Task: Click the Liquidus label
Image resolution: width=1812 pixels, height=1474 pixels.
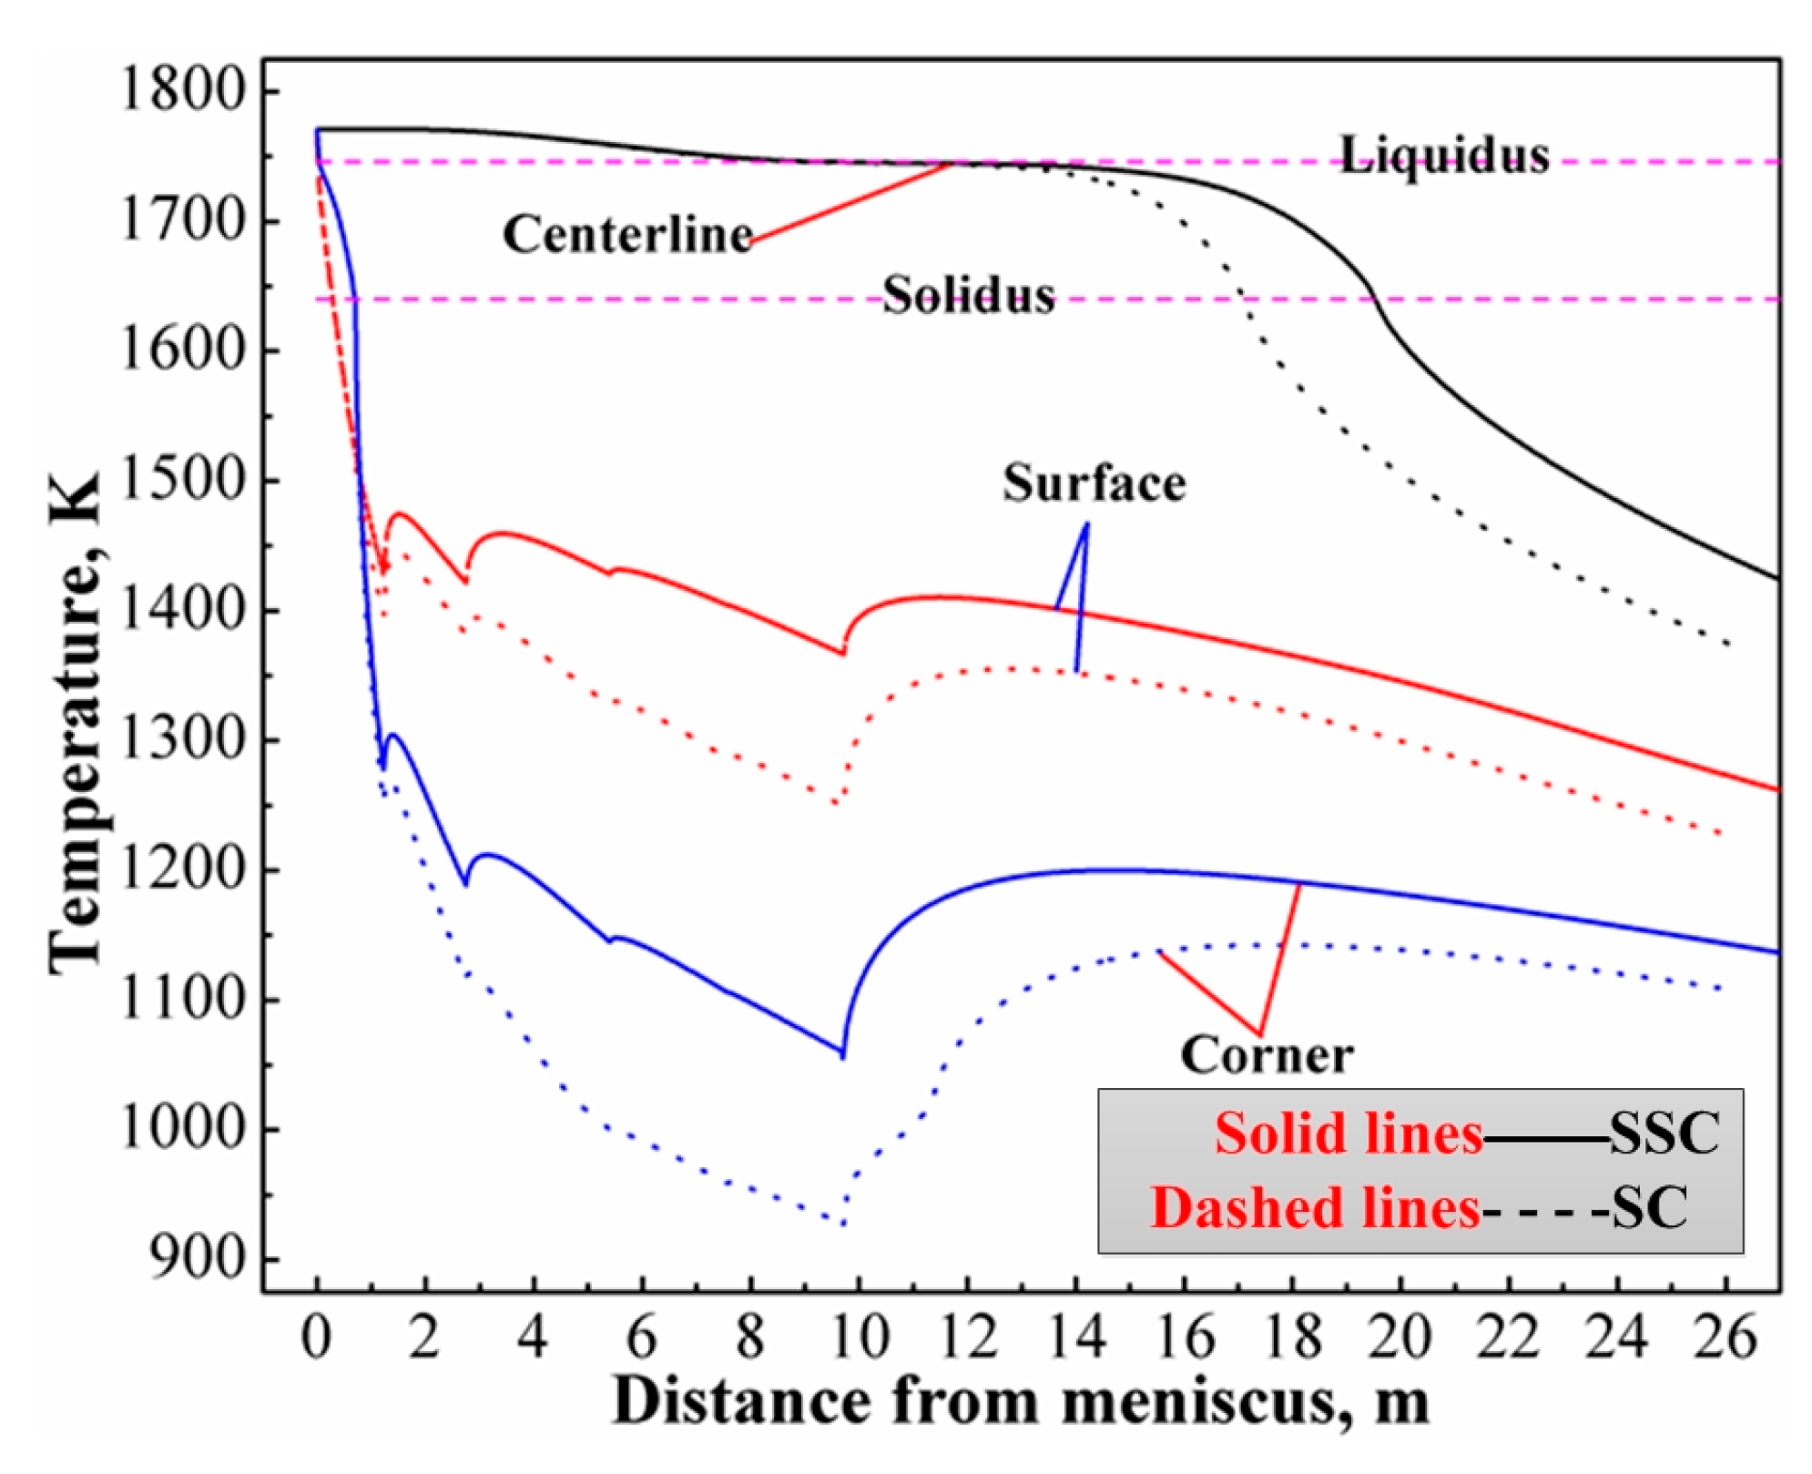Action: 1443,156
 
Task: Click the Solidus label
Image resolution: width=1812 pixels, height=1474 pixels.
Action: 968,295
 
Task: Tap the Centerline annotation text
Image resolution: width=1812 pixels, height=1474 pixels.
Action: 627,234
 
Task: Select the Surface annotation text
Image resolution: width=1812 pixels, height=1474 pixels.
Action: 1094,483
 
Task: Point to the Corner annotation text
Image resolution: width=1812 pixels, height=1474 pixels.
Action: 1266,1055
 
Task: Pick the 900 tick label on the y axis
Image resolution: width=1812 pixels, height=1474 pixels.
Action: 199,1259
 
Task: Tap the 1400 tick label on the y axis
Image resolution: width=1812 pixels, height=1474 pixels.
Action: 183,610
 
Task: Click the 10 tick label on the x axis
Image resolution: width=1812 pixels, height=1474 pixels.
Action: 859,1337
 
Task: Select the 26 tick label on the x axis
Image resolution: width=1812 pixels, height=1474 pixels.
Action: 1725,1337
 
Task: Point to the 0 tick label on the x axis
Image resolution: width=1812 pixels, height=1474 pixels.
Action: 317,1337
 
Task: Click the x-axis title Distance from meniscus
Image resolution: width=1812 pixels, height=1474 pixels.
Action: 1020,1401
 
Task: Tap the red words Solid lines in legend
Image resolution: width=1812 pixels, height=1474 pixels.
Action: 1349,1133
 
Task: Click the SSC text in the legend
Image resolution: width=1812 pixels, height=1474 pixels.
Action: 1664,1133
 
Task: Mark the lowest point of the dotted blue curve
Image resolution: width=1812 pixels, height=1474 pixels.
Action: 844,1224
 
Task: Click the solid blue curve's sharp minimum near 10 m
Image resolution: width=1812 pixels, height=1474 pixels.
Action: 842,1056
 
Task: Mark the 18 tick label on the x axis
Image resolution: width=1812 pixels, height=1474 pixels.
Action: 1292,1337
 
